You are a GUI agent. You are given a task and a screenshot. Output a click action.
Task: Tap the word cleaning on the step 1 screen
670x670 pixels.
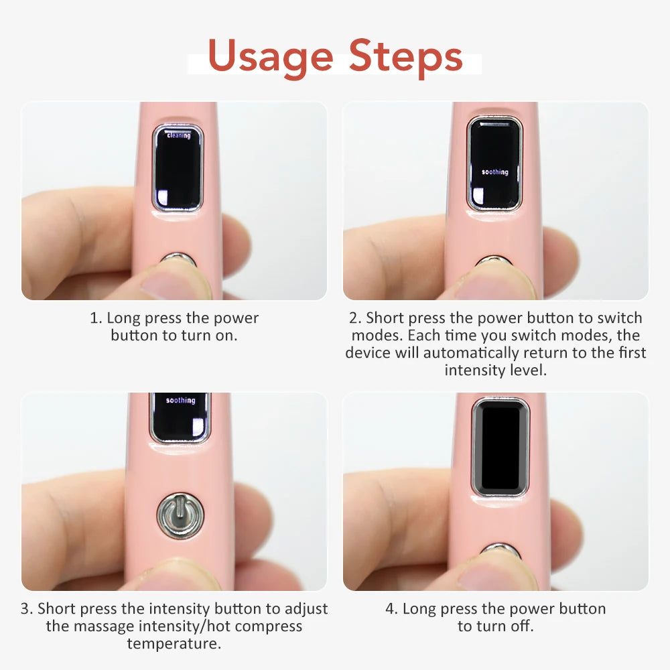click(x=179, y=135)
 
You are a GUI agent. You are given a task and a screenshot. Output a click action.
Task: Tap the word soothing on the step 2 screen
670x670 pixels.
click(x=495, y=172)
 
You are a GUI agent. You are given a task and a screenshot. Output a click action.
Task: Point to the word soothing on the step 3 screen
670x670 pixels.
click(x=180, y=401)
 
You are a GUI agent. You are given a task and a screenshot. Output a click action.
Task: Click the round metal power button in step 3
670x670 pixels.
click(x=180, y=515)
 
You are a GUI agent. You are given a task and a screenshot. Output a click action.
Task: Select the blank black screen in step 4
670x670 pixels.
click(x=500, y=446)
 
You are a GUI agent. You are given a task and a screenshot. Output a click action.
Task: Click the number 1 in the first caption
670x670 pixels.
click(x=94, y=318)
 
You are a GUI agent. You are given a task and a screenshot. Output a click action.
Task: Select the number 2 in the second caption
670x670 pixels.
click(x=353, y=318)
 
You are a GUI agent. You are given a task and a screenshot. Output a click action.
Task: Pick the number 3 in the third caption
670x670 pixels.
click(x=25, y=609)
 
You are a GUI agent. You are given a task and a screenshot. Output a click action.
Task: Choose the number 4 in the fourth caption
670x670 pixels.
click(x=390, y=609)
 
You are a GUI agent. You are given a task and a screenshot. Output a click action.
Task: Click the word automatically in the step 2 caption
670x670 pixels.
click(x=471, y=353)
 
